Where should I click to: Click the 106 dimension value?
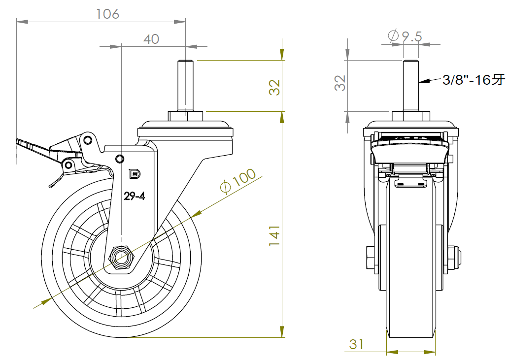(x=107, y=14)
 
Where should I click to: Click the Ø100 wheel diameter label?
(x=238, y=182)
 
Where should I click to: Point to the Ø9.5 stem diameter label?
(x=405, y=36)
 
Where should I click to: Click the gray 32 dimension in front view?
(x=339, y=83)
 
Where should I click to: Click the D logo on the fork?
(x=134, y=173)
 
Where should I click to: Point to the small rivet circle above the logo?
(x=119, y=158)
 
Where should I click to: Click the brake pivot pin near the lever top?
(x=88, y=140)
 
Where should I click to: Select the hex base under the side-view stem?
(x=185, y=116)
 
